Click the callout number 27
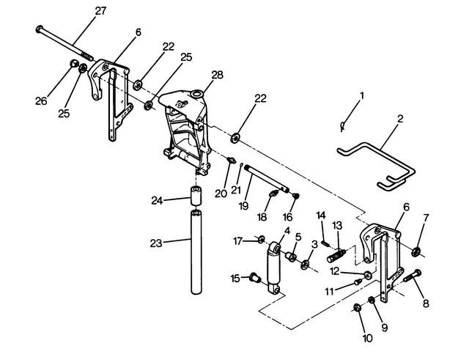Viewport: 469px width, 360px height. click(100, 11)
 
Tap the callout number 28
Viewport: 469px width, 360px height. click(217, 75)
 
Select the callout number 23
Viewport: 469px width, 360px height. click(156, 243)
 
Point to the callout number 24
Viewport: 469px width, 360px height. click(157, 200)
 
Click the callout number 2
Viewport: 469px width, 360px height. click(400, 119)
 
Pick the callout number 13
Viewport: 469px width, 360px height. click(337, 226)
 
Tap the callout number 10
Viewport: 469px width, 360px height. click(367, 338)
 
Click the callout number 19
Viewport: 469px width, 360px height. click(244, 206)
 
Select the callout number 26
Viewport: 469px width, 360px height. click(41, 101)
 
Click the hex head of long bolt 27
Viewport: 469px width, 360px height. click(39, 29)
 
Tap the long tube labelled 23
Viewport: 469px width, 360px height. click(196, 252)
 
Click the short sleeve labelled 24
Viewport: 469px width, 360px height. click(196, 196)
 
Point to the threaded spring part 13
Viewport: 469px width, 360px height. click(337, 256)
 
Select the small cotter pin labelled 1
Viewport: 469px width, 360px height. click(343, 125)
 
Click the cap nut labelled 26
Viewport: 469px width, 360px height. click(73, 64)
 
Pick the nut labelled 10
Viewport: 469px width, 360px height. click(357, 307)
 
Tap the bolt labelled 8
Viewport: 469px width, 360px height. click(412, 276)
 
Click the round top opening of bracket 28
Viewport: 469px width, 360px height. click(196, 95)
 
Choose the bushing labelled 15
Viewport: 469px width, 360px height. click(255, 278)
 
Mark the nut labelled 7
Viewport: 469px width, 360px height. click(416, 252)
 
